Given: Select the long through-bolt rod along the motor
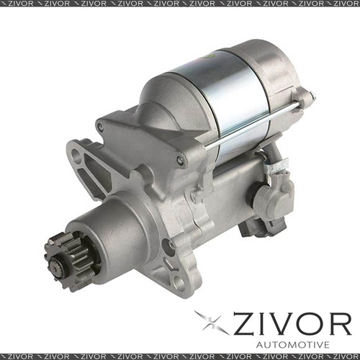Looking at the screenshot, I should [x=252, y=127].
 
